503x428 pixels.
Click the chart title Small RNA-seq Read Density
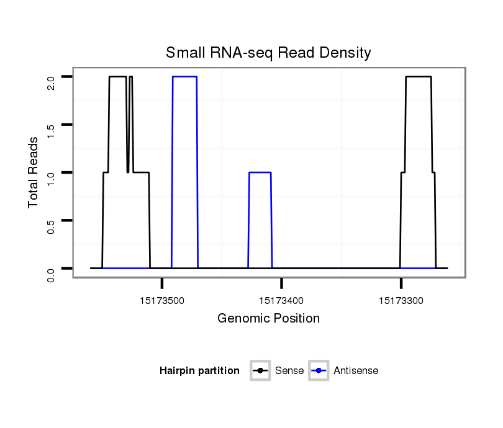tap(268, 53)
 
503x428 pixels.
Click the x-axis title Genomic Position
tap(268, 319)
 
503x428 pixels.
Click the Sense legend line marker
tap(260, 371)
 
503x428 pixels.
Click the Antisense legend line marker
tap(319, 371)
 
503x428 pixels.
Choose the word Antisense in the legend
tap(356, 371)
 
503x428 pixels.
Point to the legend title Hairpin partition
tap(199, 371)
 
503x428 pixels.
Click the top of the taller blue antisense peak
tap(184, 76)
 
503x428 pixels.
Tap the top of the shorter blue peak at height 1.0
tap(260, 172)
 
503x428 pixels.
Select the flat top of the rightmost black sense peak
tap(418, 77)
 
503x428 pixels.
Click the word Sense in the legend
tap(289, 371)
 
